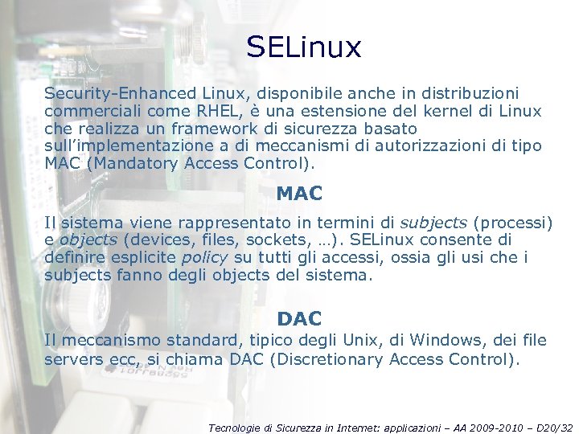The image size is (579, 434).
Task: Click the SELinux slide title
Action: [304, 47]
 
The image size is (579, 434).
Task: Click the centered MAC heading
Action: [299, 194]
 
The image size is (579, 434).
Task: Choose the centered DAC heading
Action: [299, 319]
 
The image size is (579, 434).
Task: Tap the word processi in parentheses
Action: [515, 223]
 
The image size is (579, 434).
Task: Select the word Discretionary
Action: [330, 359]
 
